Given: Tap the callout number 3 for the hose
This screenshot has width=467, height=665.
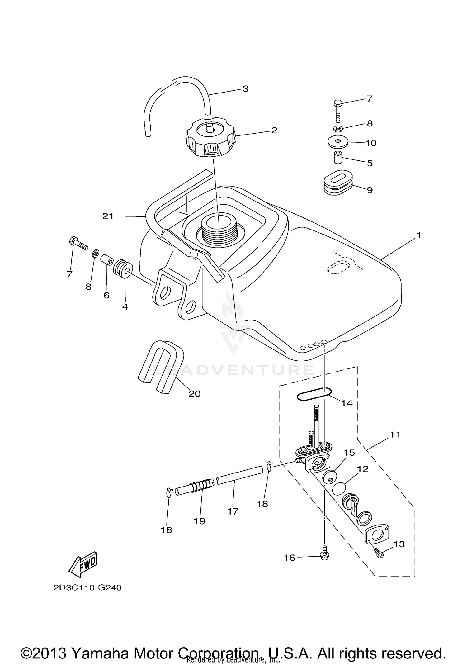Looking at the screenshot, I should click(x=245, y=89).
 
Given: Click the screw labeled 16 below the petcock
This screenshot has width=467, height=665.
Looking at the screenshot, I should click(x=325, y=557).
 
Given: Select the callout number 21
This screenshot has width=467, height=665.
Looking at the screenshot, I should click(x=108, y=216).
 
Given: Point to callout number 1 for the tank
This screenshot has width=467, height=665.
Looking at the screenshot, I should click(x=419, y=235).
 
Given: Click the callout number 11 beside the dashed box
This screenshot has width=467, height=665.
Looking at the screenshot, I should click(x=395, y=434).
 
